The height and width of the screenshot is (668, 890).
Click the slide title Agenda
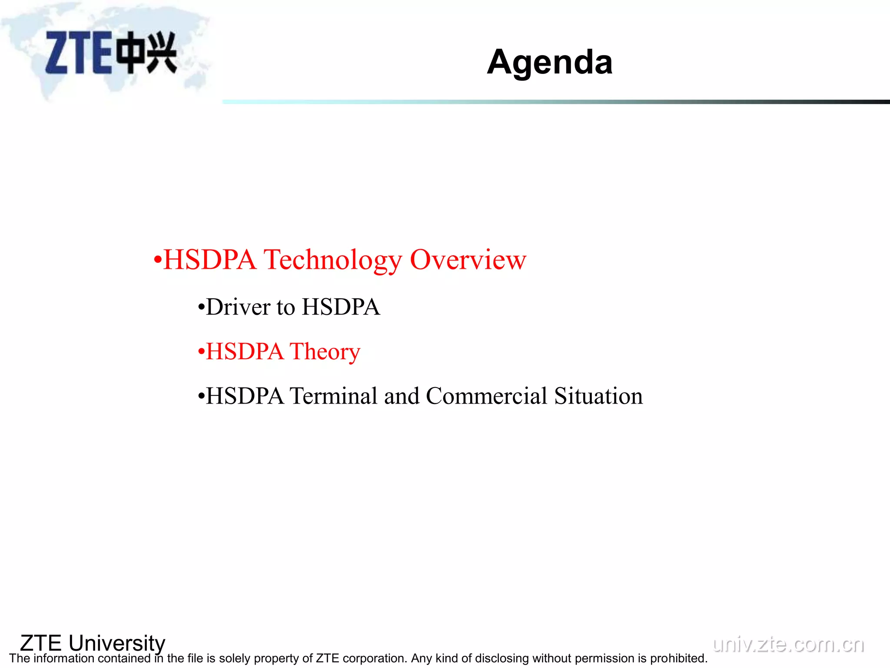(x=549, y=62)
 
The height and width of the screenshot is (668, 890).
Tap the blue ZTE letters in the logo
(x=78, y=53)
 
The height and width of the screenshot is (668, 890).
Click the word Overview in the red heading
(x=468, y=260)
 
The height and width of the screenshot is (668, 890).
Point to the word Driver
(x=238, y=307)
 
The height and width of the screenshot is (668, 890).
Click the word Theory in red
(x=325, y=352)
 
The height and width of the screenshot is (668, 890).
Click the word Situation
(x=598, y=396)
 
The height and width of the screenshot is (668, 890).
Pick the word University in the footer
(x=117, y=643)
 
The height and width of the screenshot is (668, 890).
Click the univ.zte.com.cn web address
(x=788, y=644)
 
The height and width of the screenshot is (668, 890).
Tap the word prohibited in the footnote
(x=679, y=658)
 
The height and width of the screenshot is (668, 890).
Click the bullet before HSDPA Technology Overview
(x=157, y=261)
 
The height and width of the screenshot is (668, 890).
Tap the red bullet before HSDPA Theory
(x=201, y=352)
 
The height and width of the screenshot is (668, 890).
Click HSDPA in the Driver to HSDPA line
(x=341, y=307)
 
